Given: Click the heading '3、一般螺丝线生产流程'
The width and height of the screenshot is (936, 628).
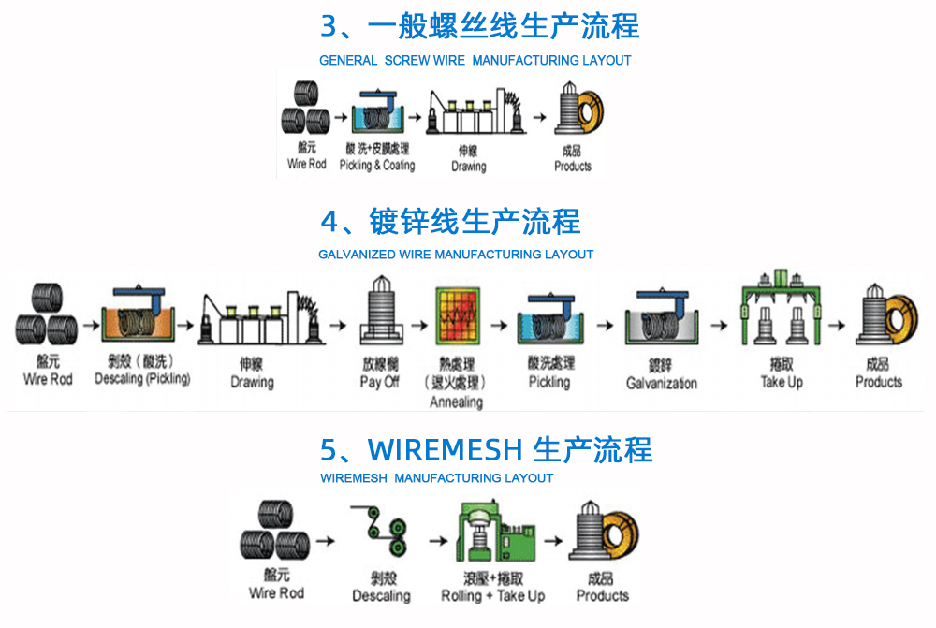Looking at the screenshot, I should pos(479,25).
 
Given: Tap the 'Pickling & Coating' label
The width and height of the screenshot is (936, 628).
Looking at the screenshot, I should pos(376,166).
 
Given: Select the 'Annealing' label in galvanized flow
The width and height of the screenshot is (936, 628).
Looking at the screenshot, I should pos(456,402).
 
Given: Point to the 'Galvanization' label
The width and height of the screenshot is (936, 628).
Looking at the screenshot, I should pos(661,383).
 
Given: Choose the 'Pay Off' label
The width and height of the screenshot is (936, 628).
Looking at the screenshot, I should pos(379,383).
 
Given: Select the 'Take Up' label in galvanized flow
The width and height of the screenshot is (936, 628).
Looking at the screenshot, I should pos(782,382).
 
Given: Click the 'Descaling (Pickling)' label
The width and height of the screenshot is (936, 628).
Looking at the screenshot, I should pos(142,379).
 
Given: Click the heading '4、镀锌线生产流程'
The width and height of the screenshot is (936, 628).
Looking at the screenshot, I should pos(450,222).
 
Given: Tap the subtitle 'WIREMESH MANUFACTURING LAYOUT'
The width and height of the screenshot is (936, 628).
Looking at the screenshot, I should pos(436,478).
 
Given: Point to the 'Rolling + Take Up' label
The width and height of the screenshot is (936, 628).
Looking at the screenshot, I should pos(492,596).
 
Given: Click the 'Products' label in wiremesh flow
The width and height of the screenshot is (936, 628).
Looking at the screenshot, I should pos(602,596).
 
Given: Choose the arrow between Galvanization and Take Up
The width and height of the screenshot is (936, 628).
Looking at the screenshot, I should pos(718,326).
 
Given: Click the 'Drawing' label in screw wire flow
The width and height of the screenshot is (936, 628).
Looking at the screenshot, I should pos(468,167).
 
